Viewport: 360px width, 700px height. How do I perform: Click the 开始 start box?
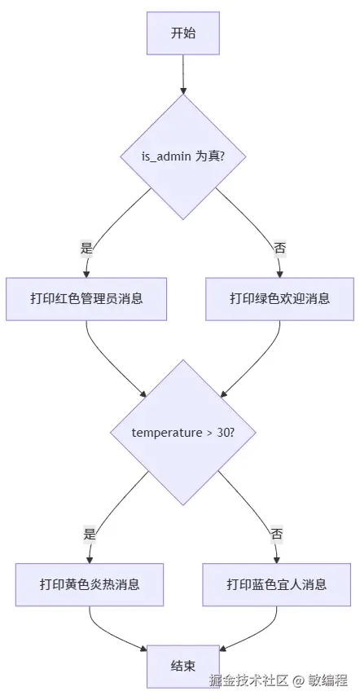point(183,33)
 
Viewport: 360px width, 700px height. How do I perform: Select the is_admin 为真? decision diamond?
point(183,156)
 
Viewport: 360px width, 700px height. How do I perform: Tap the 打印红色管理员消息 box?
point(87,298)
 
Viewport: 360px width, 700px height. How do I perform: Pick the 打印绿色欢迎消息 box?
point(279,298)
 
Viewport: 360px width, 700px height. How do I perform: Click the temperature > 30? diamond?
point(183,432)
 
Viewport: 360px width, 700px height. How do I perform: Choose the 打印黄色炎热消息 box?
point(90,584)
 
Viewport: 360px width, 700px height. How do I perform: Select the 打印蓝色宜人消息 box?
point(277,584)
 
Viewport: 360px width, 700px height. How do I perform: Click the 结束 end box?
point(183,667)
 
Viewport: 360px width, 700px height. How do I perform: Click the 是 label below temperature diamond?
point(90,535)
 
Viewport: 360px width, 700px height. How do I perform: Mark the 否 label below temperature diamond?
point(277,535)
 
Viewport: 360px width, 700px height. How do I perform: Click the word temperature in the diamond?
point(167,432)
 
